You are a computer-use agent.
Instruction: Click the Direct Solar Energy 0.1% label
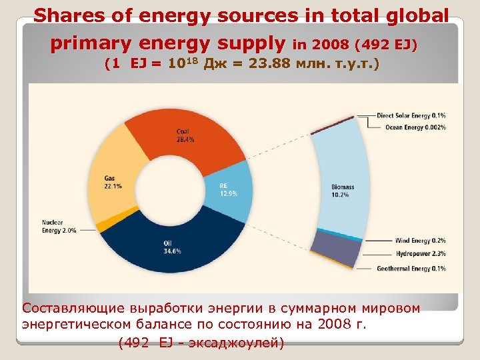point(411,115)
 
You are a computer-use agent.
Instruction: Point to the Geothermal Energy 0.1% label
point(410,269)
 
